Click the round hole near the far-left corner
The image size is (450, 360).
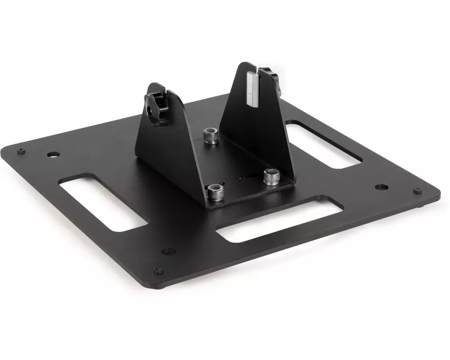pyautogui.click(x=53, y=155)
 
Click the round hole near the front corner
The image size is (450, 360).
pyautogui.click(x=168, y=251)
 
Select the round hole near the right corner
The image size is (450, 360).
pyautogui.click(x=382, y=185)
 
